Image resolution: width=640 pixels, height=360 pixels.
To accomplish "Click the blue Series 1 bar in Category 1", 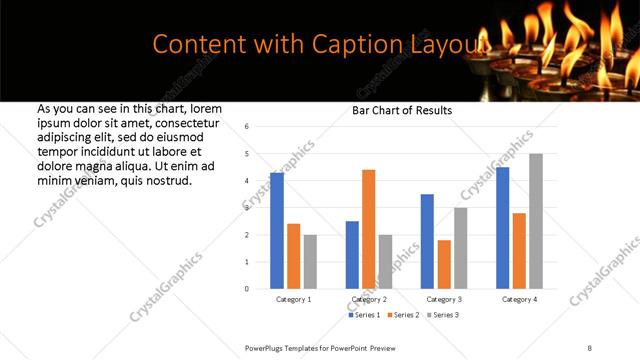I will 277,230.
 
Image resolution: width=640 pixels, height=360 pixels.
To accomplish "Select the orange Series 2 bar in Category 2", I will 368,229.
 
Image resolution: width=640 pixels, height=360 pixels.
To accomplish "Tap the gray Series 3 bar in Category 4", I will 535,221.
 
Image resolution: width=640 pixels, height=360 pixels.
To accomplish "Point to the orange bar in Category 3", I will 444,264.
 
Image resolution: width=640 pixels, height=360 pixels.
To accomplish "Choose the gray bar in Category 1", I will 310,262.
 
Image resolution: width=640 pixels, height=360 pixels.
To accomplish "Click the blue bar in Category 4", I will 502,227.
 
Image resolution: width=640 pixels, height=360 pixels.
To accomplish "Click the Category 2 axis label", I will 368,299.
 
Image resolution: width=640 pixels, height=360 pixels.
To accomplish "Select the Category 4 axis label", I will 518,299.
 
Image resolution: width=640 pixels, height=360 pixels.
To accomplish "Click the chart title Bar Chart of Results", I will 402,110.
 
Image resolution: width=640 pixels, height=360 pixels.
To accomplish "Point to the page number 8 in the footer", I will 589,346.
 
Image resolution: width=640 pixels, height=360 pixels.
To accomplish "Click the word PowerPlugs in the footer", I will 267,346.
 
